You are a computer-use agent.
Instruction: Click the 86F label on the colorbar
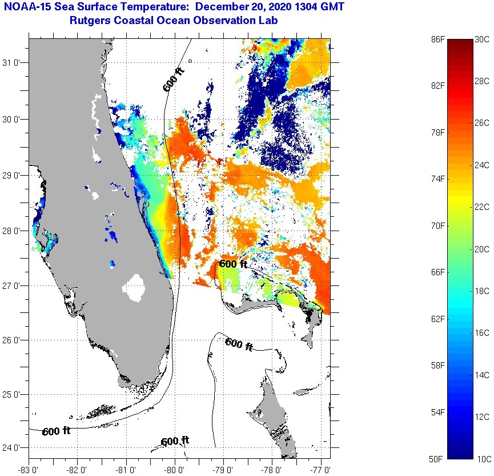point(437,39)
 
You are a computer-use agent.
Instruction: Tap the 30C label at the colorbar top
point(482,39)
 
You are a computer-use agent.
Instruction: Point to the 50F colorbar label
point(437,459)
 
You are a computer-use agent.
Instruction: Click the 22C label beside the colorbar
point(482,207)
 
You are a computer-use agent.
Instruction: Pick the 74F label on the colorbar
point(437,179)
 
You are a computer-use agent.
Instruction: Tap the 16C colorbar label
point(482,332)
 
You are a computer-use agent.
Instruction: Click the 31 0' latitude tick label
point(14,63)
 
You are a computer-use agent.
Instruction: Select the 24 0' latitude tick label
point(14,448)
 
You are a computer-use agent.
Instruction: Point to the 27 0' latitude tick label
point(14,285)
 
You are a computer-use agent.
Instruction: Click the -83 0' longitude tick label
point(28,470)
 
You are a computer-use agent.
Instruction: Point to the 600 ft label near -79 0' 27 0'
point(233,264)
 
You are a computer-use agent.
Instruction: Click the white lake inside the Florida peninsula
point(135,288)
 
